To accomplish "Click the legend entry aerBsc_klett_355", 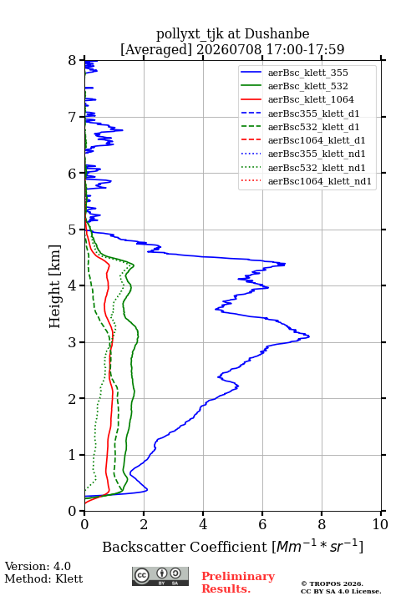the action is [x=307, y=73].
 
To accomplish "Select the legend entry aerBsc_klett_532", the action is [x=307, y=86].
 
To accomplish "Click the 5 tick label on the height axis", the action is [x=73, y=230].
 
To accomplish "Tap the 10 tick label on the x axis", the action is [x=380, y=524].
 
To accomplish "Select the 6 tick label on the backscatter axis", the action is [x=262, y=524].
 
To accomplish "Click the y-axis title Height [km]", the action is [x=55, y=286].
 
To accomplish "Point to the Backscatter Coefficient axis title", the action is [x=232, y=547].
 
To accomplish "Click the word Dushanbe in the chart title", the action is [x=277, y=34].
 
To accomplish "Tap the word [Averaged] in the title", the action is [x=155, y=49].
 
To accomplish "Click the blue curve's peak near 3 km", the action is [x=309, y=336].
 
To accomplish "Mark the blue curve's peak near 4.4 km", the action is [x=285, y=264].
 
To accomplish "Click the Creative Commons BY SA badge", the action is [x=160, y=576].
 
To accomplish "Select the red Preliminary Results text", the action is [x=238, y=583].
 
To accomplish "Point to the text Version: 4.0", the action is [x=38, y=566].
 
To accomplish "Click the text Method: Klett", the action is [x=43, y=578].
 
